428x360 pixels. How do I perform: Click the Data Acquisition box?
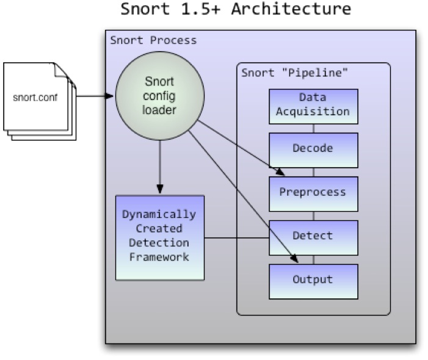click(x=313, y=105)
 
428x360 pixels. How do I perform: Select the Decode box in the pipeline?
click(x=313, y=148)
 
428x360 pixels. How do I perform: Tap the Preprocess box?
click(x=313, y=192)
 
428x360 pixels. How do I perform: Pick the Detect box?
click(x=313, y=236)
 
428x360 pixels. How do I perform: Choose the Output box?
click(x=313, y=279)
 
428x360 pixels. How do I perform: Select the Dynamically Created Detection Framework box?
click(x=159, y=237)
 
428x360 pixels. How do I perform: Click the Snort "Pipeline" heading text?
click(x=295, y=74)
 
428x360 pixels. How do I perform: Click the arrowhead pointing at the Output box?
click(x=296, y=261)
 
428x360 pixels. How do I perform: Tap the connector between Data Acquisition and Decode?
click(x=313, y=128)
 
